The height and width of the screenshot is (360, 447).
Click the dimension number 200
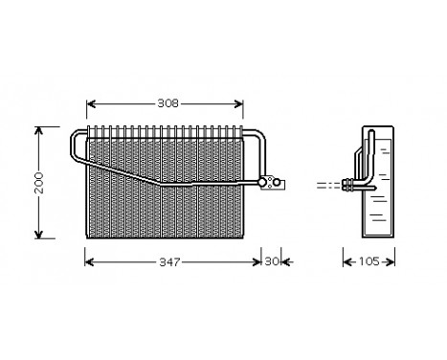pos(39,182)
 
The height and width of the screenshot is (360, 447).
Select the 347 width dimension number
pos(171,261)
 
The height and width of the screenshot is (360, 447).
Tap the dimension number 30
pos(271,261)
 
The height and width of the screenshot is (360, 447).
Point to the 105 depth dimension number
pos(369,261)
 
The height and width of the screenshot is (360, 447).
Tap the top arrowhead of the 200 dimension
pos(39,127)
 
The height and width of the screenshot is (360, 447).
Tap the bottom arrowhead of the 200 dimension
pos(39,235)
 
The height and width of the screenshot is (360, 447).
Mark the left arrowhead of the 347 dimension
pos(89,261)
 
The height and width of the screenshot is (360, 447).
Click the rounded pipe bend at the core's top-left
pos(75,140)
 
